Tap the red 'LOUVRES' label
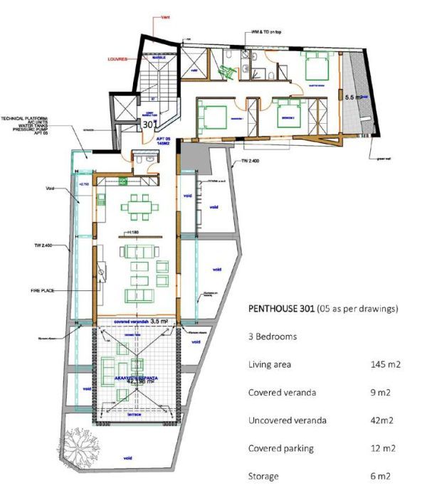point(117,60)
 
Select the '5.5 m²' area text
point(354,96)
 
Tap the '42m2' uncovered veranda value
point(385,420)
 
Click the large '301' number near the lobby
point(149,123)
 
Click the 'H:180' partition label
point(133,233)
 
